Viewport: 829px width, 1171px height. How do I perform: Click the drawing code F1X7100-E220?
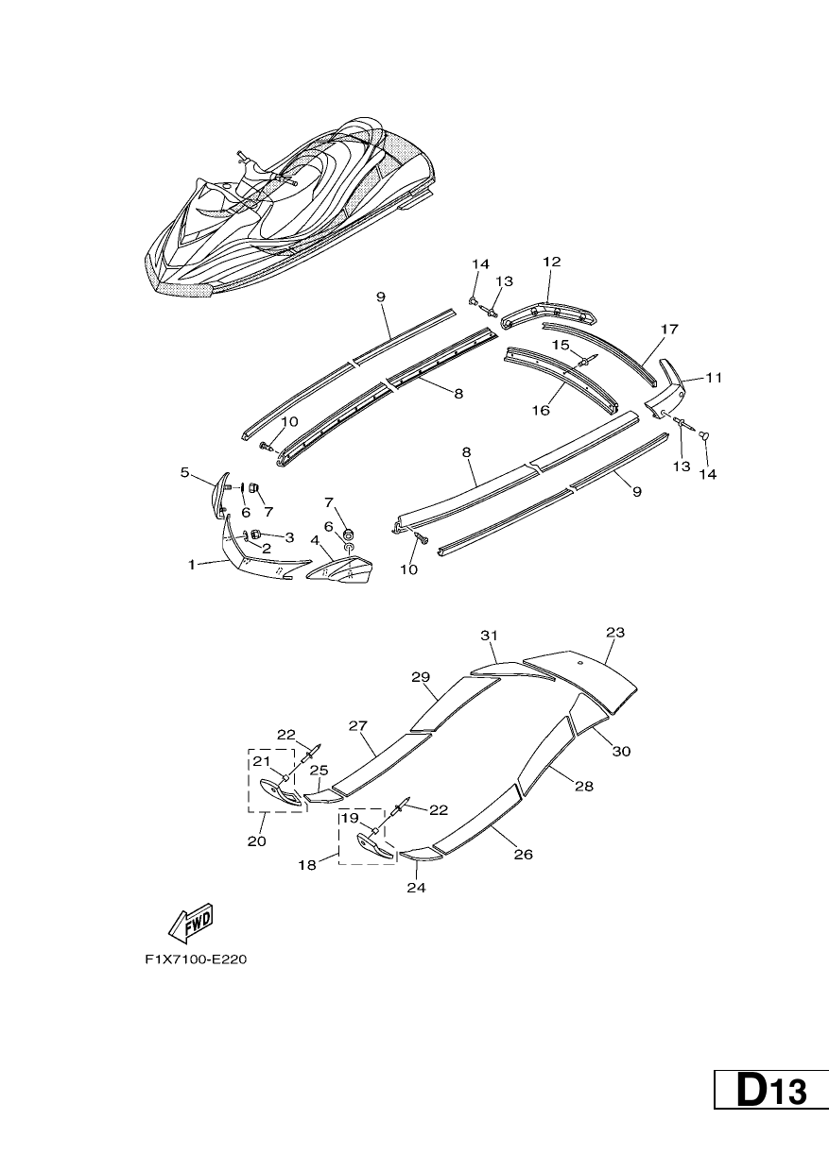196,960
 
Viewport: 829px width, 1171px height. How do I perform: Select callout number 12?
552,262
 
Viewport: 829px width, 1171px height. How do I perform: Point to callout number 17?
669,329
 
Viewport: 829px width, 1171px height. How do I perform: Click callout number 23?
615,632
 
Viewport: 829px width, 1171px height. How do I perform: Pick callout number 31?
489,636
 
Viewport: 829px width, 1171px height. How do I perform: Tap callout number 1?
192,565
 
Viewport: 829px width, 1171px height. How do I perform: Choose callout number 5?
184,472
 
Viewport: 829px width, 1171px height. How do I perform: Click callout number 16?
541,411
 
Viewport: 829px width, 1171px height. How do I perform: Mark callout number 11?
715,377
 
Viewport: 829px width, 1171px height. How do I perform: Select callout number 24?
416,887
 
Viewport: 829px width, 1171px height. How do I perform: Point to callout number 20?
256,841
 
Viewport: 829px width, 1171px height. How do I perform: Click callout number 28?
584,786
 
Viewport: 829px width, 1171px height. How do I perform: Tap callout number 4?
315,539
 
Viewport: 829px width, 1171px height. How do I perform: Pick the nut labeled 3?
256,534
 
